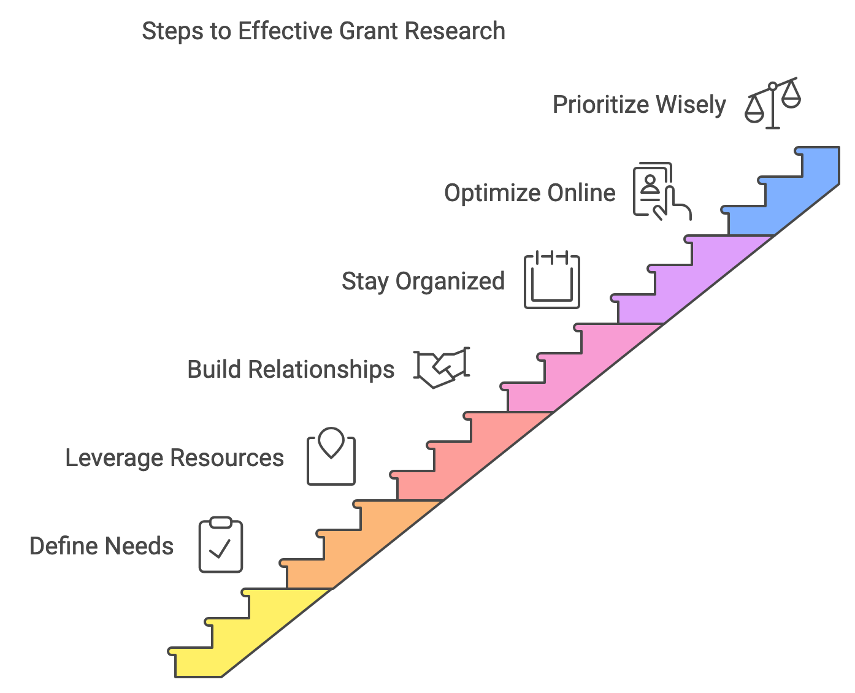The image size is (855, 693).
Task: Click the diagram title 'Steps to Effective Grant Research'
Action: (x=323, y=31)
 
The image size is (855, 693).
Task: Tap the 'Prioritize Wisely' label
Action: (x=639, y=105)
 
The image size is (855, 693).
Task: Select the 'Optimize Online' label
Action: (x=529, y=193)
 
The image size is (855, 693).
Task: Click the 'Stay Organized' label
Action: (x=423, y=281)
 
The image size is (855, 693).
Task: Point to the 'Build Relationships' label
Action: (x=291, y=370)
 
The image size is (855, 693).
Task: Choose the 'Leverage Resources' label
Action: (x=174, y=458)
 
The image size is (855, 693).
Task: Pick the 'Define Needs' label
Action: (x=101, y=546)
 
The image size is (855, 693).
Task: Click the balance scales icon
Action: (x=773, y=102)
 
